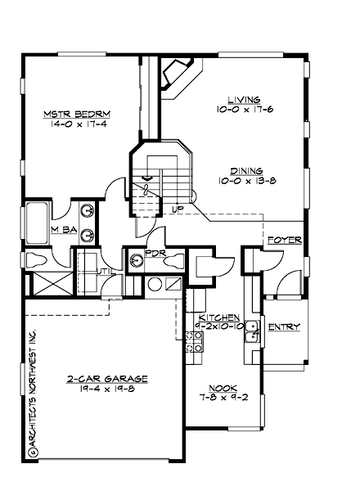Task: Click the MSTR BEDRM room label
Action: (77, 113)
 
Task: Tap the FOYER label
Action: (284, 241)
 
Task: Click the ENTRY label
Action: (284, 327)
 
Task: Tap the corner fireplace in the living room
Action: (178, 75)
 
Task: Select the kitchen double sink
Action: (254, 331)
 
